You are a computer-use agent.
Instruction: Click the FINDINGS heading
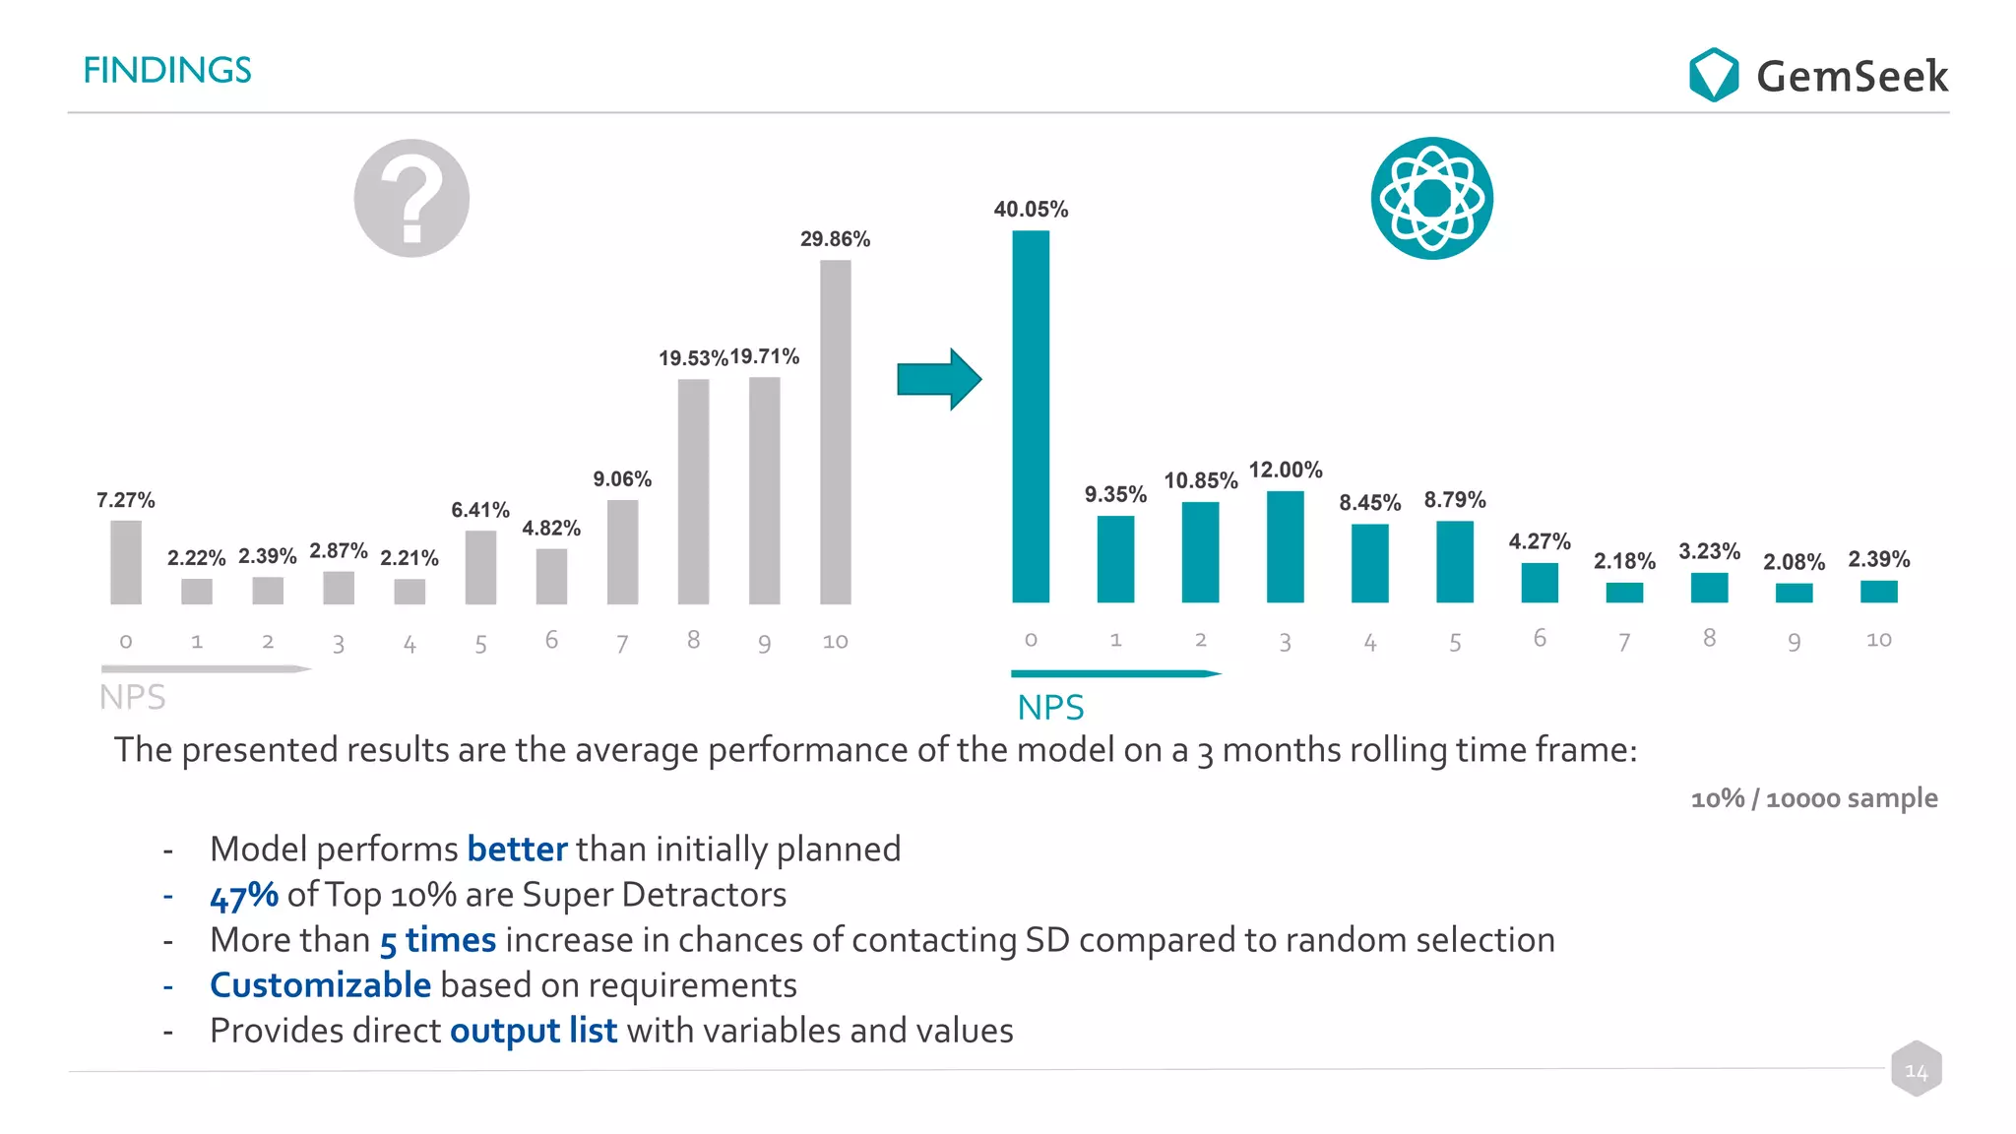(x=167, y=70)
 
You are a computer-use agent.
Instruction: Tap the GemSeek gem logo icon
(x=1713, y=75)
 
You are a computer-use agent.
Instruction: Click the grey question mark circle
(x=411, y=198)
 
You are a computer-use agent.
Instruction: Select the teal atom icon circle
(x=1431, y=198)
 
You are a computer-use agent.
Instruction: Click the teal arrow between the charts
(x=938, y=379)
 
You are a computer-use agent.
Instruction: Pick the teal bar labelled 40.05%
(x=1031, y=416)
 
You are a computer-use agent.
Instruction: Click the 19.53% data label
(x=693, y=358)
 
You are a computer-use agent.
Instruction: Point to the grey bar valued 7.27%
(x=126, y=562)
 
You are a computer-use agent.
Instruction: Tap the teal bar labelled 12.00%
(x=1285, y=546)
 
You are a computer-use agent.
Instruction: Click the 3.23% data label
(x=1709, y=551)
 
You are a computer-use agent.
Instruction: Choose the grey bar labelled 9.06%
(x=622, y=551)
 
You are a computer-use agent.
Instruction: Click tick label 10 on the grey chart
(x=835, y=642)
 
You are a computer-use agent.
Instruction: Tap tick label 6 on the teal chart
(x=1540, y=639)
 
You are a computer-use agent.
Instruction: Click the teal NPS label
(x=1050, y=708)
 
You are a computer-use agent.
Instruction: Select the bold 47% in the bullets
(x=244, y=896)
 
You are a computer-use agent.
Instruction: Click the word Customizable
(x=320, y=985)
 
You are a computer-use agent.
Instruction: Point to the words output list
(x=534, y=1031)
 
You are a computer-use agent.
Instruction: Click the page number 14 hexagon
(x=1916, y=1070)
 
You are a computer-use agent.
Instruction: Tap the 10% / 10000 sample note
(x=1813, y=798)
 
